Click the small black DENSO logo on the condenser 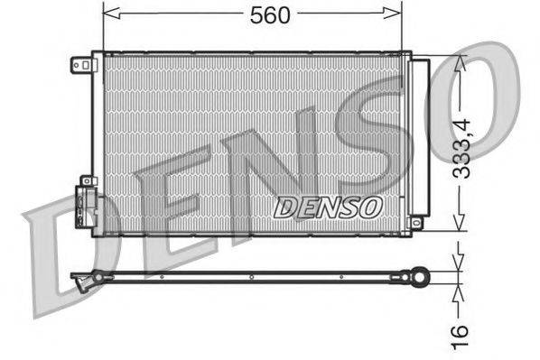point(327,207)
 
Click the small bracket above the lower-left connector point(88,180)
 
